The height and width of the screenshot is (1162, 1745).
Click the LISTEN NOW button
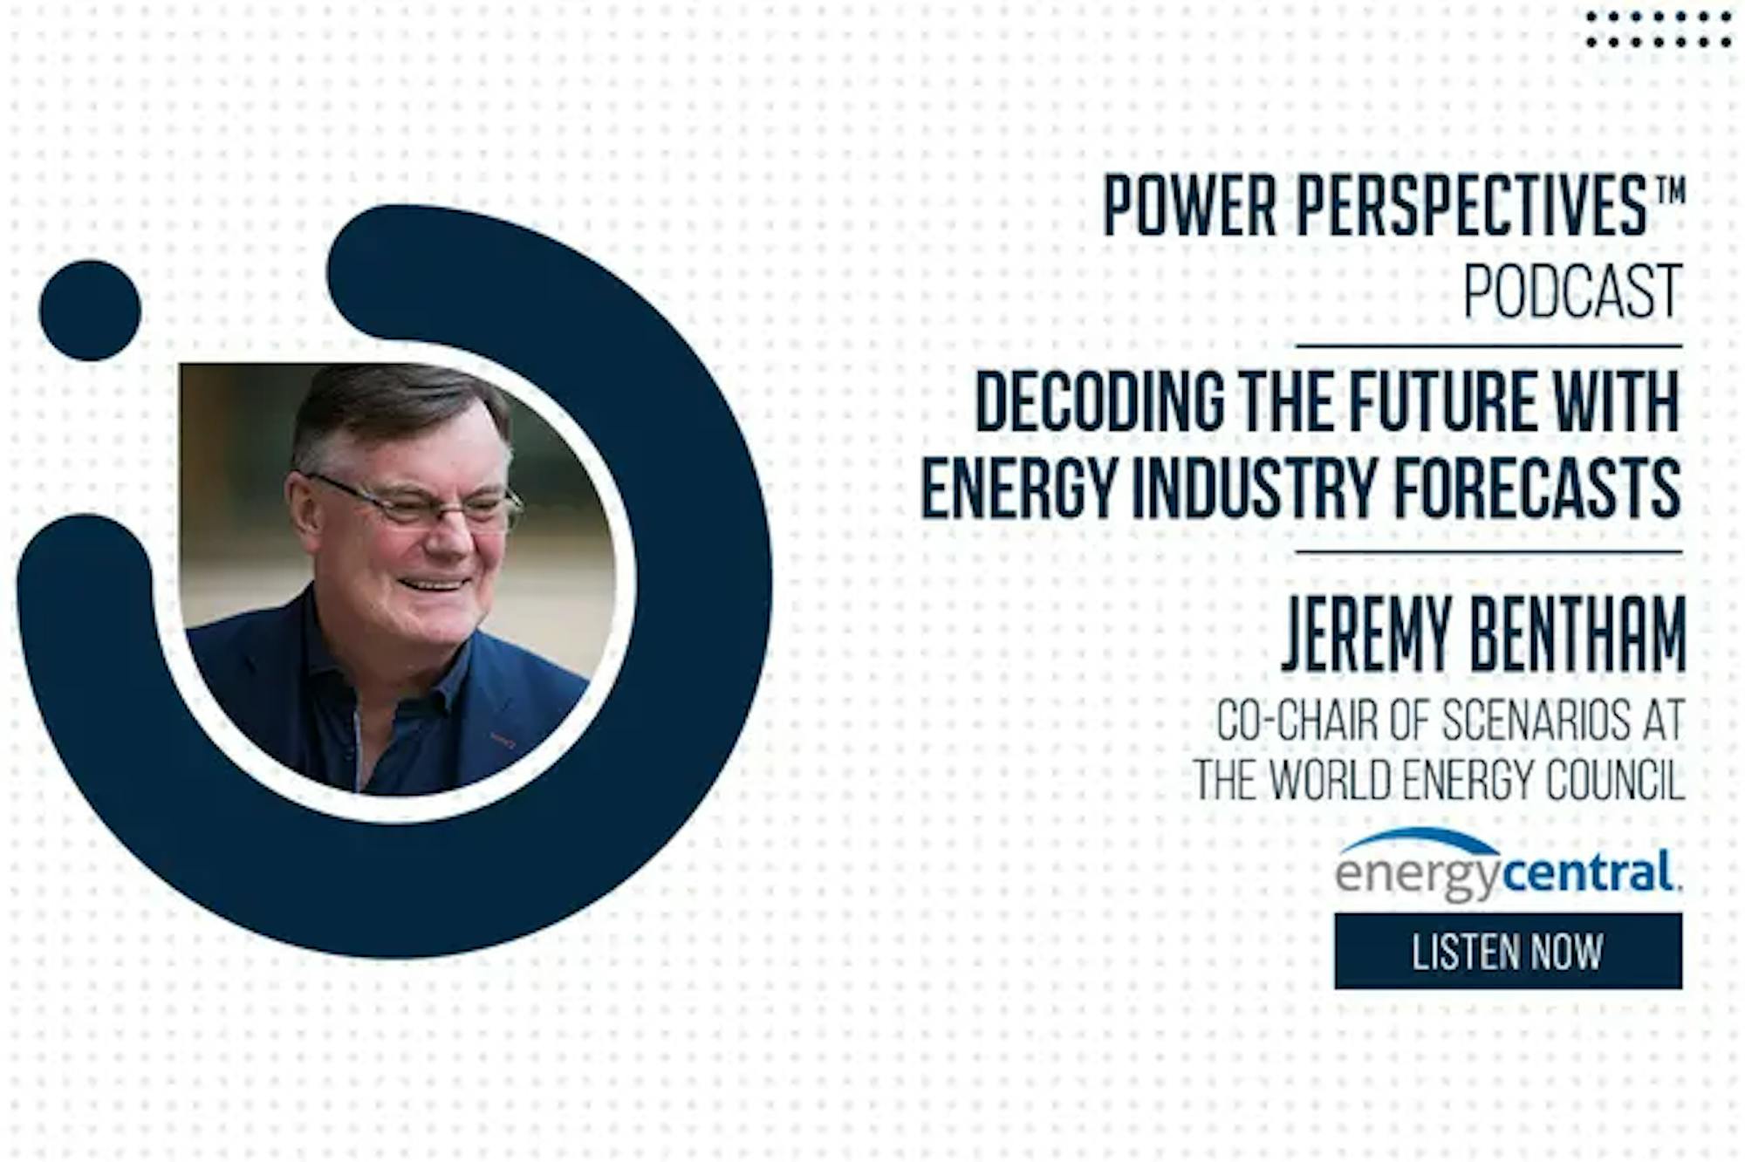1508,951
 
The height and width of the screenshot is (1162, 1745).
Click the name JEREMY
1367,633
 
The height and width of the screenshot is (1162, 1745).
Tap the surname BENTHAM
1578,633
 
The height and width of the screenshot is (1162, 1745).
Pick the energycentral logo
1509,864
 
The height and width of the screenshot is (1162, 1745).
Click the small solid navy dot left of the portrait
90,311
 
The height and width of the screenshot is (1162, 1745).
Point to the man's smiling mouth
434,584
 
